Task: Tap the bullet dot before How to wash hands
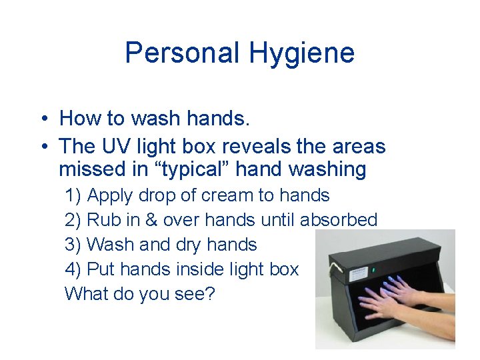point(41,119)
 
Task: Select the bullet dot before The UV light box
point(41,146)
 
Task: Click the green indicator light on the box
point(373,271)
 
